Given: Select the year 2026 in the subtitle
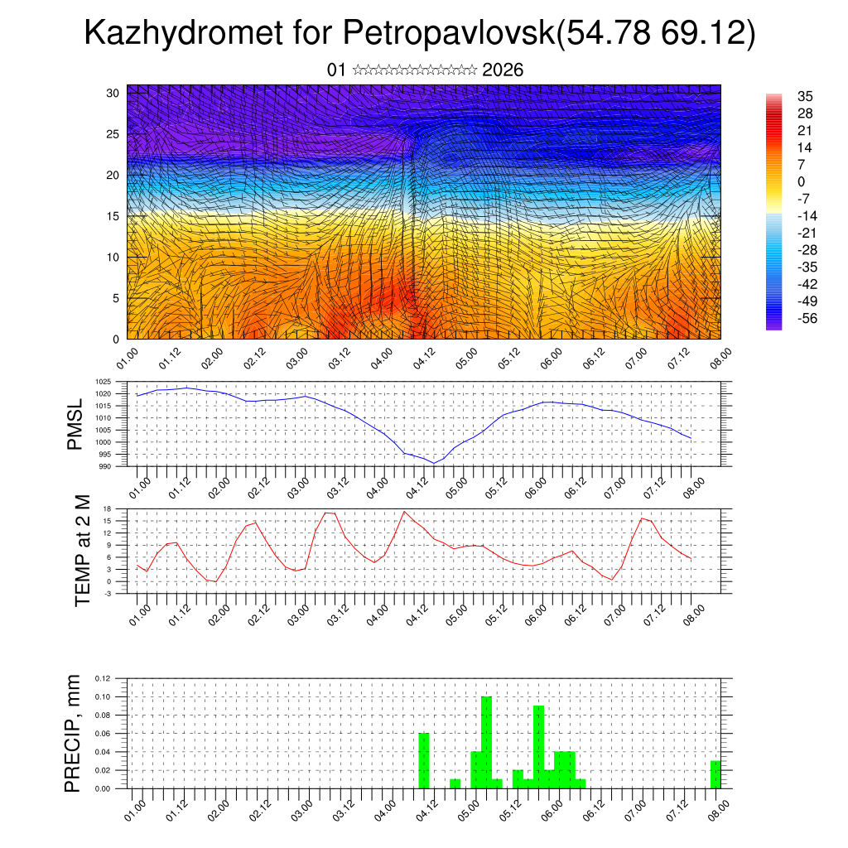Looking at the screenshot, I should click(x=503, y=70).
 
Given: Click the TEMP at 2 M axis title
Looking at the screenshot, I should click(x=82, y=551).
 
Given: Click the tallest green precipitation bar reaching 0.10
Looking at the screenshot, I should click(x=487, y=742).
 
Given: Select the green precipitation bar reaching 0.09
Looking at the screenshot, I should click(x=539, y=746).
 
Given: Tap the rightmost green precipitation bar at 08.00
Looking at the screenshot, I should click(x=715, y=774).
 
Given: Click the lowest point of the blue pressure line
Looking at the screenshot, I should click(x=434, y=463).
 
